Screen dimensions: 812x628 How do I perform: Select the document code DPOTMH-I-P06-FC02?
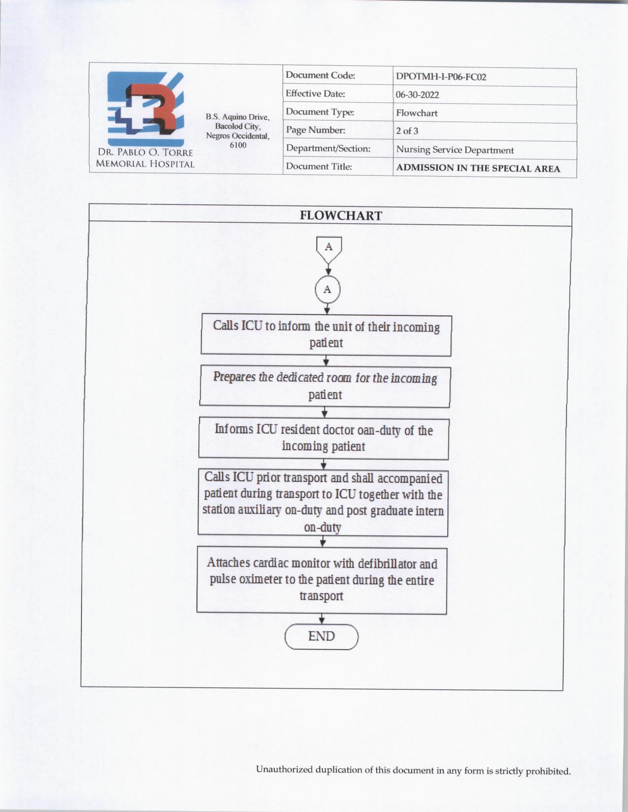(x=441, y=77)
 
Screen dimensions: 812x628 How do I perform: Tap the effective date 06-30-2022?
(x=417, y=95)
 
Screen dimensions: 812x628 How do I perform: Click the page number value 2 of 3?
(x=407, y=131)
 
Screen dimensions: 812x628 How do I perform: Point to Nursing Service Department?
(x=455, y=150)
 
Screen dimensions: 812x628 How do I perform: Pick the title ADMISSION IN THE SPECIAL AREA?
(x=478, y=168)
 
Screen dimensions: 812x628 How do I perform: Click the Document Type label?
(x=320, y=112)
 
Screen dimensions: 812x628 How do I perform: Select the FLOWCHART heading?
(x=340, y=216)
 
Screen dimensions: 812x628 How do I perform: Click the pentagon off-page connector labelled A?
(x=329, y=249)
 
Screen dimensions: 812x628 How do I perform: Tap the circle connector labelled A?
(x=328, y=290)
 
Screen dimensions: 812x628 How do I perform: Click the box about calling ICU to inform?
(x=326, y=335)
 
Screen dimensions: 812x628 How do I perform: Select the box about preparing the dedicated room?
(x=325, y=386)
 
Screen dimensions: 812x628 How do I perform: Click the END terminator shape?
(x=321, y=637)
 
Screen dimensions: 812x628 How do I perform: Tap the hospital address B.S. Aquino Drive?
(x=238, y=118)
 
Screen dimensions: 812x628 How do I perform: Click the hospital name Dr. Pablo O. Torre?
(x=145, y=153)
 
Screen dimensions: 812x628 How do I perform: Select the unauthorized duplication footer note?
(x=413, y=770)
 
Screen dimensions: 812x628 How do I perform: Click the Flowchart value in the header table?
(x=417, y=113)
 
